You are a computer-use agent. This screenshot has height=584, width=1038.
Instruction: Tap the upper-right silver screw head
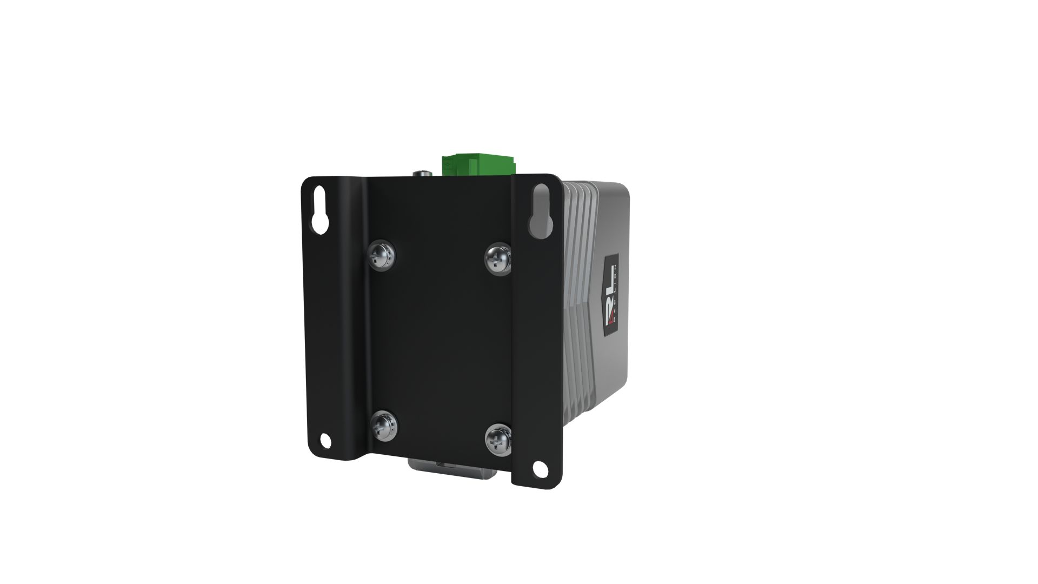click(x=497, y=257)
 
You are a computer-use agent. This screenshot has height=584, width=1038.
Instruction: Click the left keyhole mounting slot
click(x=320, y=210)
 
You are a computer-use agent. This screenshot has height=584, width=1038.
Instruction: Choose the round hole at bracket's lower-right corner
click(x=539, y=468)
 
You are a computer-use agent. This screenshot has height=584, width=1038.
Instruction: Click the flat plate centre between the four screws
click(x=439, y=341)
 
